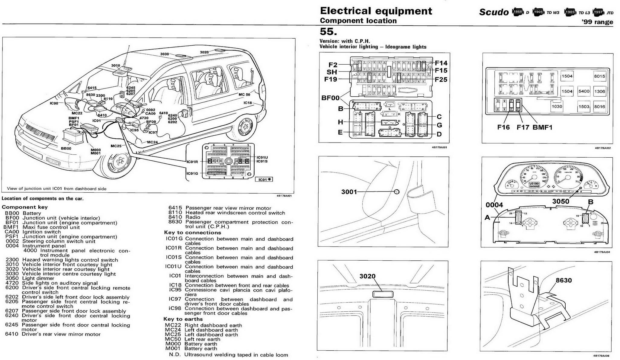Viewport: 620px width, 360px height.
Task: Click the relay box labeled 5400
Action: click(x=584, y=91)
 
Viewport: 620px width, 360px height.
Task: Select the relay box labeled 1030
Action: click(x=557, y=107)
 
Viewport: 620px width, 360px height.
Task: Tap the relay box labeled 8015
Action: click(x=599, y=76)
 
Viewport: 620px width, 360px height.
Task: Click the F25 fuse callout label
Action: click(x=441, y=80)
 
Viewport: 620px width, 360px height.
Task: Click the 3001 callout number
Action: click(x=349, y=192)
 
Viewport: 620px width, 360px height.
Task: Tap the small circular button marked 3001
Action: click(x=397, y=192)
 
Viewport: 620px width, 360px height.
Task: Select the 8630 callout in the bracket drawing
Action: click(x=564, y=280)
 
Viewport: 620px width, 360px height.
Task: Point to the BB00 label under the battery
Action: click(x=66, y=149)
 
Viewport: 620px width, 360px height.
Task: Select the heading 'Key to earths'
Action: click(x=183, y=319)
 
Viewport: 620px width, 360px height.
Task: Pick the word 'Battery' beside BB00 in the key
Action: click(x=32, y=213)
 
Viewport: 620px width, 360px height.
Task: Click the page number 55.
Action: click(x=328, y=31)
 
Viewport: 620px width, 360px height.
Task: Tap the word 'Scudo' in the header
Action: click(x=494, y=12)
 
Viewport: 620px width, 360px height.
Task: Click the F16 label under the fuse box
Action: click(x=503, y=127)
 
